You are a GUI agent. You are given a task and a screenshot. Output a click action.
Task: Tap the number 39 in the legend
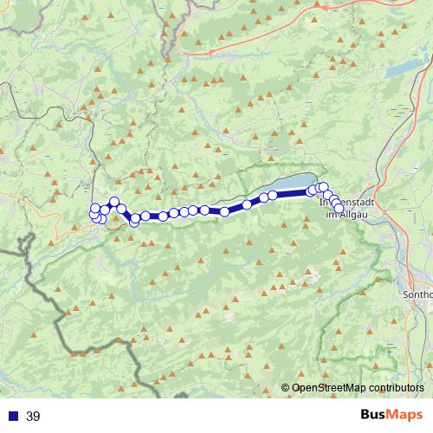(33, 417)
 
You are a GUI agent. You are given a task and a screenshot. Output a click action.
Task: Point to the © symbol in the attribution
(286, 389)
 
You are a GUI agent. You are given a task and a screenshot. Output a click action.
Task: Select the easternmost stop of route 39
(339, 208)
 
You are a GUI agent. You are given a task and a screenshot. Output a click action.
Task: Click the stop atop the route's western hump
(113, 202)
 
